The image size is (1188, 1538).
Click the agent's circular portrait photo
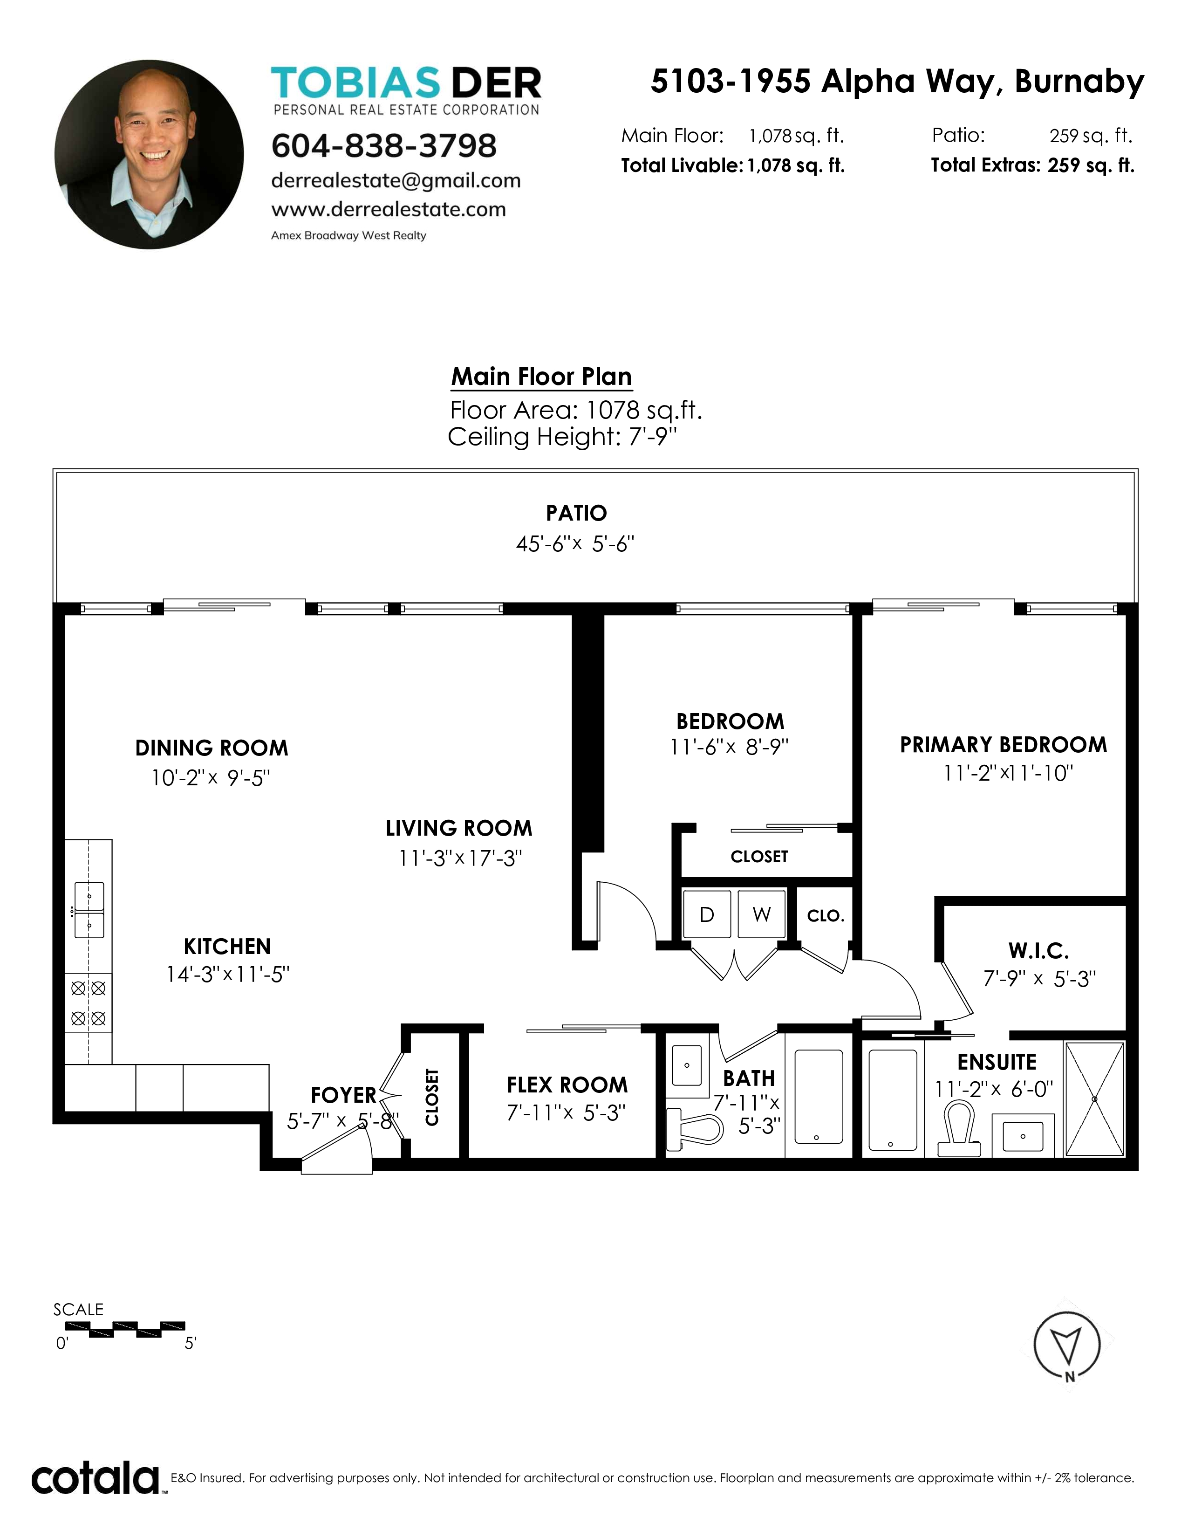(x=149, y=154)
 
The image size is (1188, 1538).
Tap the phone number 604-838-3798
(x=383, y=146)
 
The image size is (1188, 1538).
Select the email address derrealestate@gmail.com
(x=396, y=181)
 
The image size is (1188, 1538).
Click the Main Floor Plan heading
(x=541, y=377)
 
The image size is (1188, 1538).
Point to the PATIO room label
(x=576, y=513)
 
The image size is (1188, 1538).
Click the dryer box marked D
(x=707, y=914)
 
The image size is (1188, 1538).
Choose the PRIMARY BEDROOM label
(x=1003, y=745)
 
